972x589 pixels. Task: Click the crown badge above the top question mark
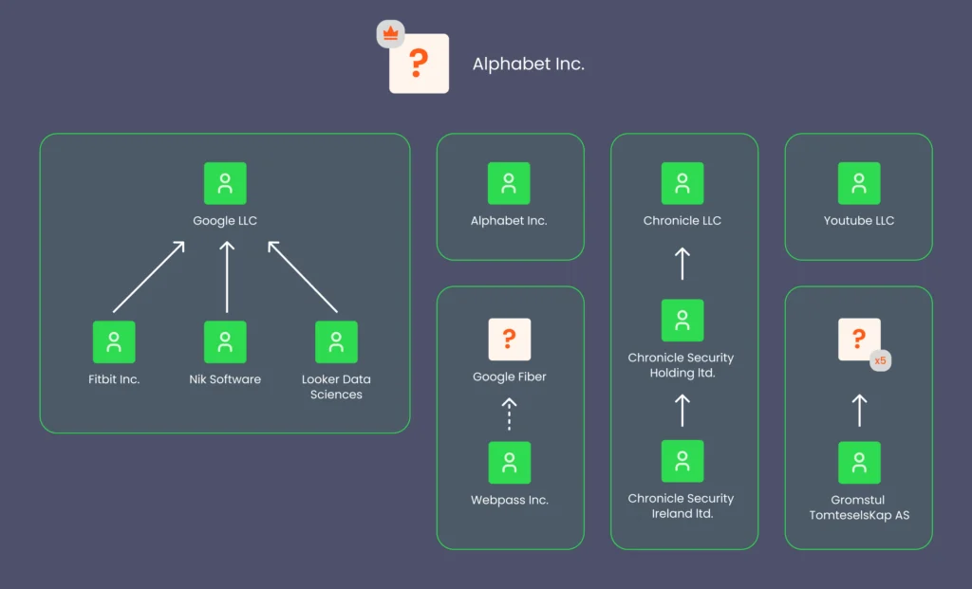click(390, 33)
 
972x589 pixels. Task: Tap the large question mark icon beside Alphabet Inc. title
click(419, 64)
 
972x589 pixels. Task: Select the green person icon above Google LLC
click(225, 183)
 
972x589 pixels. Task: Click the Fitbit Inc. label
click(114, 379)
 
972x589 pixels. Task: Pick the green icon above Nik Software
click(225, 341)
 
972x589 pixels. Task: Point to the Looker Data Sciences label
click(336, 387)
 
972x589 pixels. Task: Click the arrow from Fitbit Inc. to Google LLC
click(149, 276)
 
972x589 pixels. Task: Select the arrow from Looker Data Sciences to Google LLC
click(302, 276)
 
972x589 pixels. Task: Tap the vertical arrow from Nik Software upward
click(226, 276)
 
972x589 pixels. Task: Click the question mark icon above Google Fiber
click(510, 339)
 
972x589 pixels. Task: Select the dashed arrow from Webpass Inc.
click(510, 413)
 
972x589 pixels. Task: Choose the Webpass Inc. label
click(510, 500)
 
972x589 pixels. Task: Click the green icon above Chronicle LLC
click(682, 183)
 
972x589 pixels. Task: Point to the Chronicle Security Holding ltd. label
click(682, 365)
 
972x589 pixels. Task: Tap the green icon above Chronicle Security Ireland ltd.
click(682, 461)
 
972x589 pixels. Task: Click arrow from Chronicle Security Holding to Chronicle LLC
click(682, 263)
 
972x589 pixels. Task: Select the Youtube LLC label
click(859, 221)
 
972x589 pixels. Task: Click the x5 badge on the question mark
click(880, 360)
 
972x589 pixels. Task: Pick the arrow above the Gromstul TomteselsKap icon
click(859, 410)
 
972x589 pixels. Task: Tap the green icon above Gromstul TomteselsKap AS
click(859, 462)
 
